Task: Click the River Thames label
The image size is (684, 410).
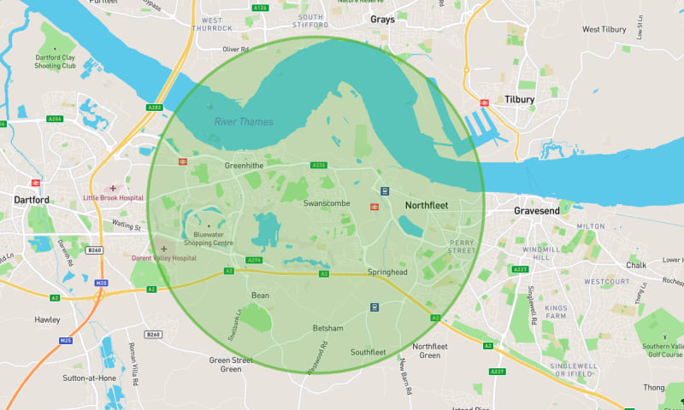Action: click(244, 122)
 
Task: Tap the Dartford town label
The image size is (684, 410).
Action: click(32, 200)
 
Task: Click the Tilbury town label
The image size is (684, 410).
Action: click(519, 100)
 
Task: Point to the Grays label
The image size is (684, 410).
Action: click(382, 20)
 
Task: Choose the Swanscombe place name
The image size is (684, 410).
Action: click(327, 203)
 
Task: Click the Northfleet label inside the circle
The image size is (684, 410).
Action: click(427, 206)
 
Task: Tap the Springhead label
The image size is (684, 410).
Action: click(388, 272)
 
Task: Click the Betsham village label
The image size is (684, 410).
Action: click(327, 328)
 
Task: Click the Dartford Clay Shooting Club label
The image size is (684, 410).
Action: click(56, 61)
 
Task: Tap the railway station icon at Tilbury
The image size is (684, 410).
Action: click(484, 102)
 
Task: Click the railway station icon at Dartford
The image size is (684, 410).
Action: click(36, 183)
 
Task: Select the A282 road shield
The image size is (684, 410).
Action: click(154, 108)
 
